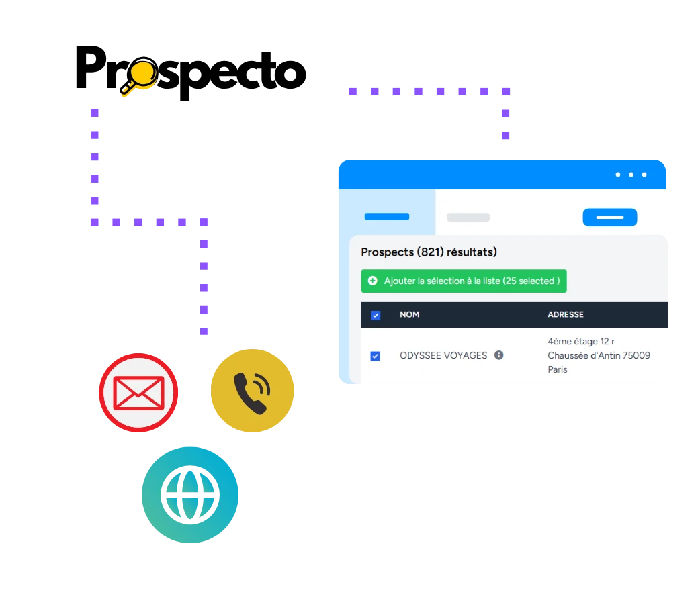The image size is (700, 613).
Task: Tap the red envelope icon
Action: tap(138, 393)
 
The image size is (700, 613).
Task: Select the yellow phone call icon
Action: tap(252, 390)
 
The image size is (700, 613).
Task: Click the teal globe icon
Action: tap(190, 495)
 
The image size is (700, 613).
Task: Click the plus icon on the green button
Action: tap(372, 281)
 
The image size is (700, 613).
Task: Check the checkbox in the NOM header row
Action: tap(376, 315)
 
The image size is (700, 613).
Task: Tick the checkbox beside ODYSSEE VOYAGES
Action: tap(375, 356)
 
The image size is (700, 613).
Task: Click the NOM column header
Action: tap(409, 314)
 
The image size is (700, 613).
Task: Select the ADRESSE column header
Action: tap(566, 314)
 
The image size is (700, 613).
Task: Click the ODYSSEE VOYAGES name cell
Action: tap(443, 356)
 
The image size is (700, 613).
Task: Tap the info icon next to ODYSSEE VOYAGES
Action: tap(498, 355)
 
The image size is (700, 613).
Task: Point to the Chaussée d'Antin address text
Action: tap(599, 356)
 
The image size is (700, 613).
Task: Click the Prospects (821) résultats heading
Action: tap(429, 252)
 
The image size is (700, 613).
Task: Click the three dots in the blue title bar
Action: tap(631, 175)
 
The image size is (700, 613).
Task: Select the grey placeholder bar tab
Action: tap(468, 218)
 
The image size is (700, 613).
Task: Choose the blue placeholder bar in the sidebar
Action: tap(386, 217)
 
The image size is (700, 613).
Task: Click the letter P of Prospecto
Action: tap(91, 67)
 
